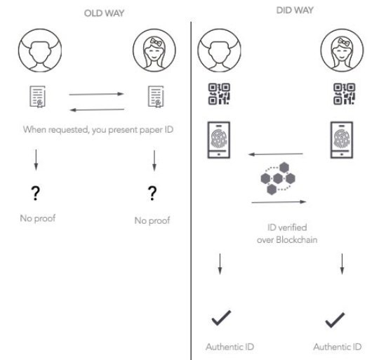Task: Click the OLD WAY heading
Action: coord(104,13)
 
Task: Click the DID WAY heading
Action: coord(295,11)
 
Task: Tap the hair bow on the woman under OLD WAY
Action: coord(156,42)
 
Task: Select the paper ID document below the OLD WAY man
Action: coord(38,96)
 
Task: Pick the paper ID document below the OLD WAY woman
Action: coord(156,96)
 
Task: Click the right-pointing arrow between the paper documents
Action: coord(96,94)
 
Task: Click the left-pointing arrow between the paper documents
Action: coord(97,109)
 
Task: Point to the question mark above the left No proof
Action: coord(36,193)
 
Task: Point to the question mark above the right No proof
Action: coord(152,193)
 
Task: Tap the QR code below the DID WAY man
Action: coord(219,94)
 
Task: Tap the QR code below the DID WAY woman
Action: coord(344,94)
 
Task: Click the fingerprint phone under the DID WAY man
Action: coord(218,140)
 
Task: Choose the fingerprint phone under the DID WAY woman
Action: coord(342,140)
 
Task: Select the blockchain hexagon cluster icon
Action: coord(278,178)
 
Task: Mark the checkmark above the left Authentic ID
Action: coord(221,318)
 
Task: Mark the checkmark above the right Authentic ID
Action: coord(335,320)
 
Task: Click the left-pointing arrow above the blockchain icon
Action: coord(276,154)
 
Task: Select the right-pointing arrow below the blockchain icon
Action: coord(279,202)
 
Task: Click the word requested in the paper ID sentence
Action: coord(69,130)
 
